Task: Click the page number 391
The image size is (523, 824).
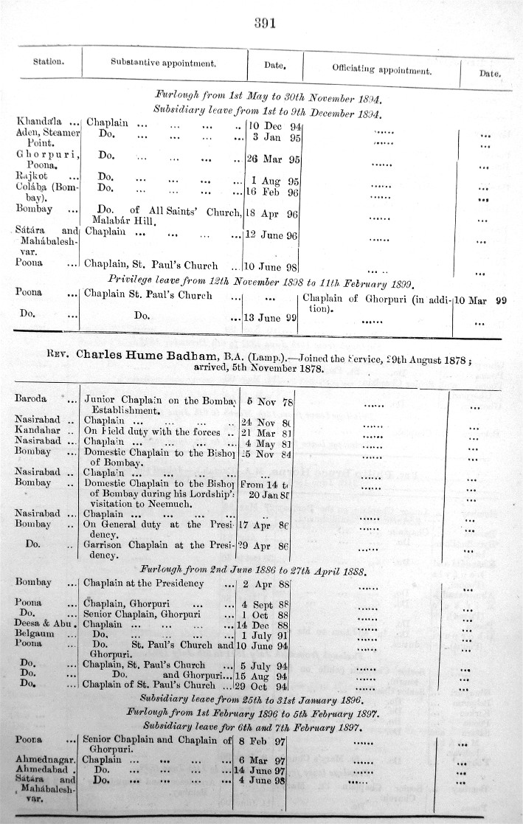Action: (265, 22)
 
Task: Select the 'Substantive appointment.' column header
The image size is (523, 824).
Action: (163, 63)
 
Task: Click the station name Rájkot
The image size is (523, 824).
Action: (32, 176)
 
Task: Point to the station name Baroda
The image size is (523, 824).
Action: (32, 399)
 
